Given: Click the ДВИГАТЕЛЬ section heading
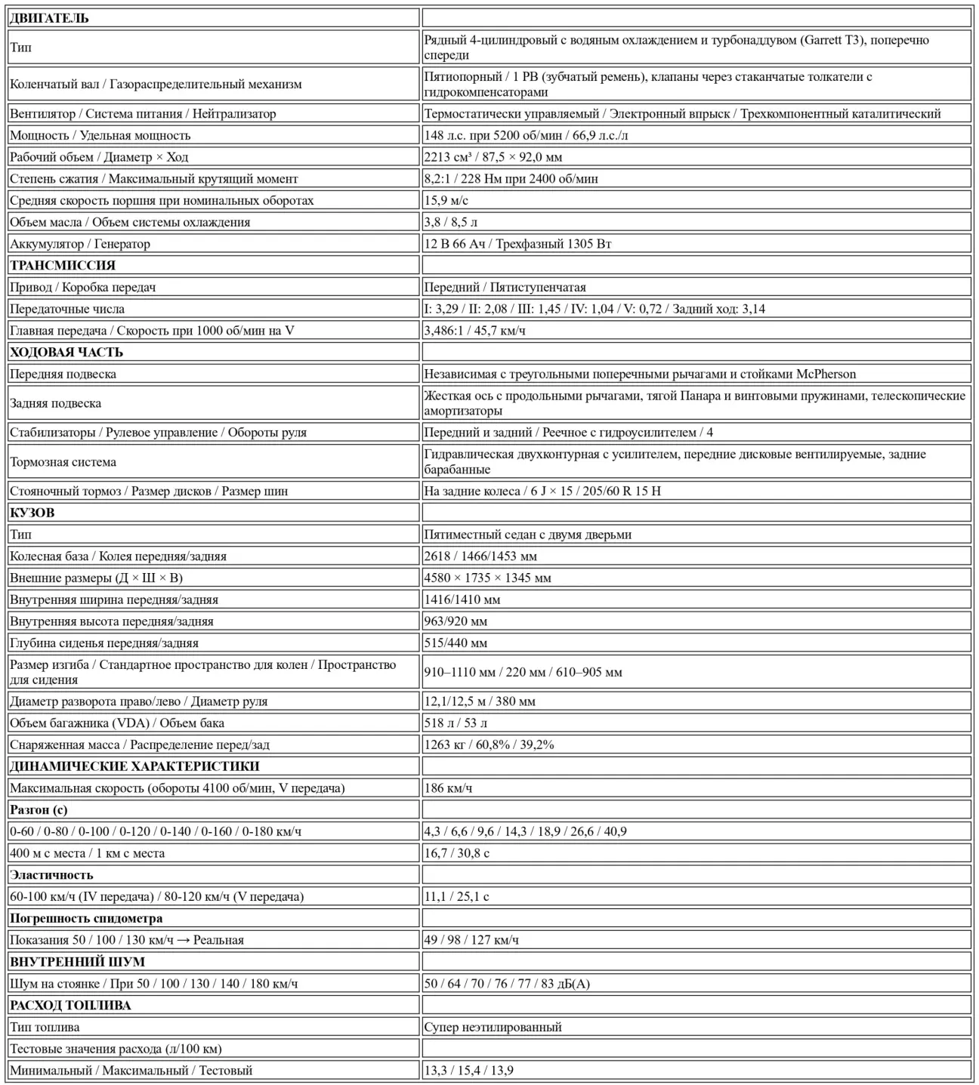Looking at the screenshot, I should point(49,18).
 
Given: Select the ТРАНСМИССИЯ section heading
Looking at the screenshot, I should point(63,265).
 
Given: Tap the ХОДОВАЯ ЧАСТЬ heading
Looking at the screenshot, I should point(66,352).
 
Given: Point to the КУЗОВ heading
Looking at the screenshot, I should point(32,513).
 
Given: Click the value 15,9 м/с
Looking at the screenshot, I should point(446,200).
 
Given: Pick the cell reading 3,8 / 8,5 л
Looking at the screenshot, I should point(451,222).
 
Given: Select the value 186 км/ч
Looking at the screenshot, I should point(448,788).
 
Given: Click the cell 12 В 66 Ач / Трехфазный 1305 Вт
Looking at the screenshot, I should point(517,244).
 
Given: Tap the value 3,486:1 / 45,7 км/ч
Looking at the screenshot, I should point(474,331).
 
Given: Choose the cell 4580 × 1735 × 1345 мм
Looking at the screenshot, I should point(487,578).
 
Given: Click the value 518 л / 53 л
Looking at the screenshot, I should point(456,723).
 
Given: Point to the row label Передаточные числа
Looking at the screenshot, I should point(67,309).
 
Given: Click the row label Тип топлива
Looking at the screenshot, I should point(45,1027).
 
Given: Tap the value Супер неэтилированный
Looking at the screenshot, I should point(493,1027).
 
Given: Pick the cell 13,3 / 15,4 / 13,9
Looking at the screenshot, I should point(469,1070).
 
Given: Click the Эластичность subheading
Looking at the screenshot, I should point(51,875).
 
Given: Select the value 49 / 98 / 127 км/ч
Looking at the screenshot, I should point(471,940).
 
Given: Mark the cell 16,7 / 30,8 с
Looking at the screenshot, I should point(456,853).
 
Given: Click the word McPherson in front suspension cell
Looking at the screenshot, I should point(826,374).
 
